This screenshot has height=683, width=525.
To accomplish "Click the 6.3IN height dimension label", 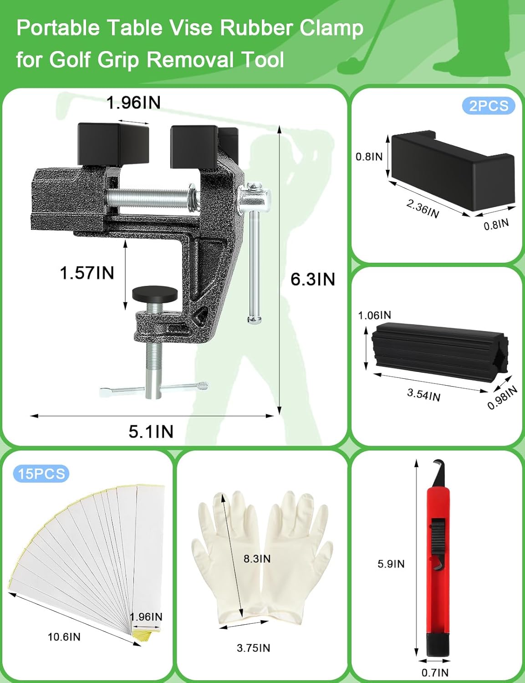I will tap(312, 279).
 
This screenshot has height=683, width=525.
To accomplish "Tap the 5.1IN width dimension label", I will tap(151, 431).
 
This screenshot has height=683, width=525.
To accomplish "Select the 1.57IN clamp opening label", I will tap(87, 273).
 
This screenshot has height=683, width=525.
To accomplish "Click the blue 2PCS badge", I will tap(489, 106).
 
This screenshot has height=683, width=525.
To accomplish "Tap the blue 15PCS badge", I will tap(41, 474).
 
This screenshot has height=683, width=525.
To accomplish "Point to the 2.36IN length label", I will tap(423, 209).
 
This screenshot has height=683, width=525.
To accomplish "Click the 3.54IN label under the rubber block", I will tap(423, 395).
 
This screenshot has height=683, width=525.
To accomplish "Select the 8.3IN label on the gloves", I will tap(257, 559).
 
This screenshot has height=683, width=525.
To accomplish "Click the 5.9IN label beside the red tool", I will tap(391, 564).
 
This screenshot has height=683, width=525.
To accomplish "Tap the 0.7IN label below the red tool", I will tap(435, 673).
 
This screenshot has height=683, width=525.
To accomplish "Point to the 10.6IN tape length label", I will tap(64, 637).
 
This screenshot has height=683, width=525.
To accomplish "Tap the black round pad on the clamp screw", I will tap(154, 294).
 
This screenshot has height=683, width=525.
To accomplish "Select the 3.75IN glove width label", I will tap(253, 647).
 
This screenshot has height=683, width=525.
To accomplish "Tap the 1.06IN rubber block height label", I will tap(374, 315).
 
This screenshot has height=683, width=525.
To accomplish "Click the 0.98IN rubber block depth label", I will tap(502, 398).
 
